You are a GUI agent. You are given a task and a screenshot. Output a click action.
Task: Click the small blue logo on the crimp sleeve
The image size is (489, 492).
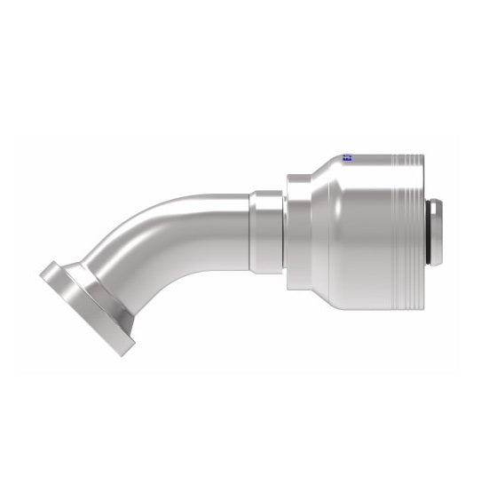347,160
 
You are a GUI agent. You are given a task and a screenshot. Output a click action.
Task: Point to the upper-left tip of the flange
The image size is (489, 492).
46,270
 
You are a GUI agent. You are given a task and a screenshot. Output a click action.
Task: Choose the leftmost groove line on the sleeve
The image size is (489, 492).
395,231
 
